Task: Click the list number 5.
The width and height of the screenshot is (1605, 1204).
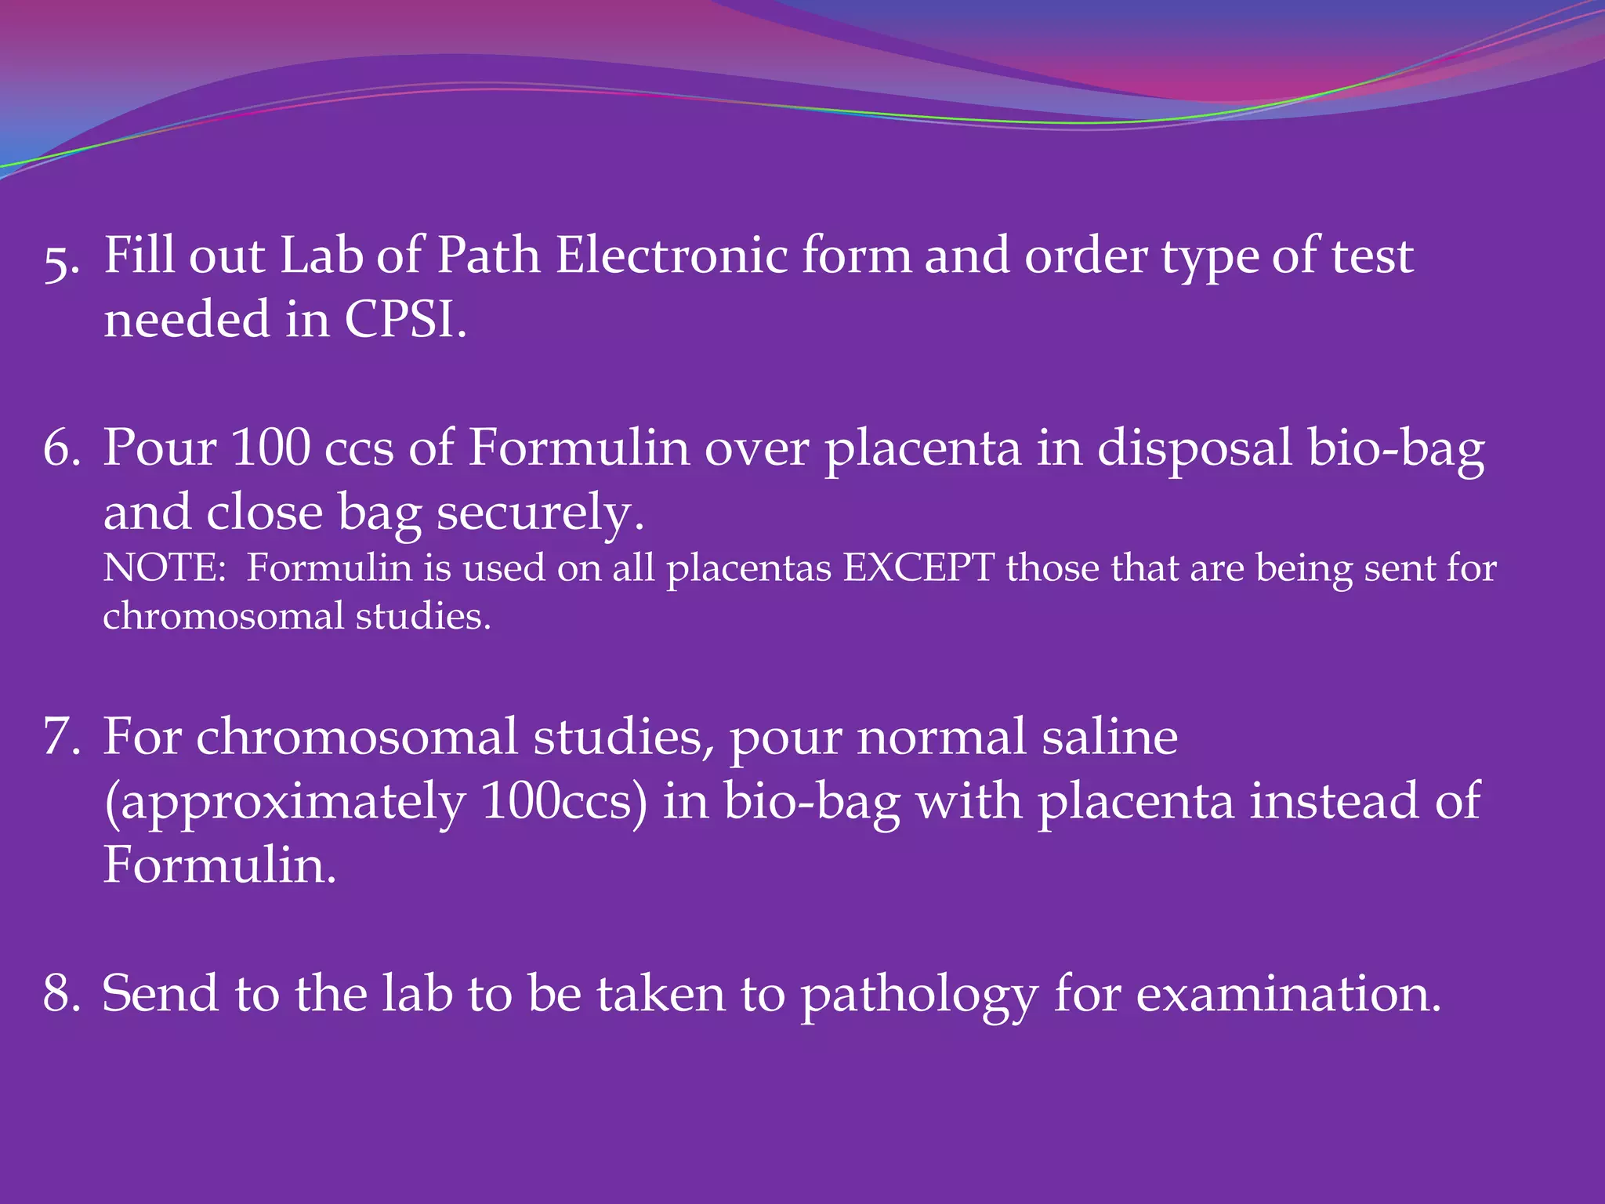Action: [61, 261]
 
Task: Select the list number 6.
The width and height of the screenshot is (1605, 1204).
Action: [61, 449]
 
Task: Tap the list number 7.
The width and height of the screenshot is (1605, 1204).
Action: [61, 738]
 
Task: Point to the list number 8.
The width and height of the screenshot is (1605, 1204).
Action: [61, 994]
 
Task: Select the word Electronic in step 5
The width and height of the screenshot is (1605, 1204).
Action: [672, 256]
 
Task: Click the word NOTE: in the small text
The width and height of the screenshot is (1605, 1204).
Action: [165, 568]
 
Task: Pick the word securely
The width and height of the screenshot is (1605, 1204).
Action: [540, 513]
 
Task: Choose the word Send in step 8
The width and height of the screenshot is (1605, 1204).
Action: [160, 994]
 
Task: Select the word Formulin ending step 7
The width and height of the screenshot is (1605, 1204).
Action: [219, 866]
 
